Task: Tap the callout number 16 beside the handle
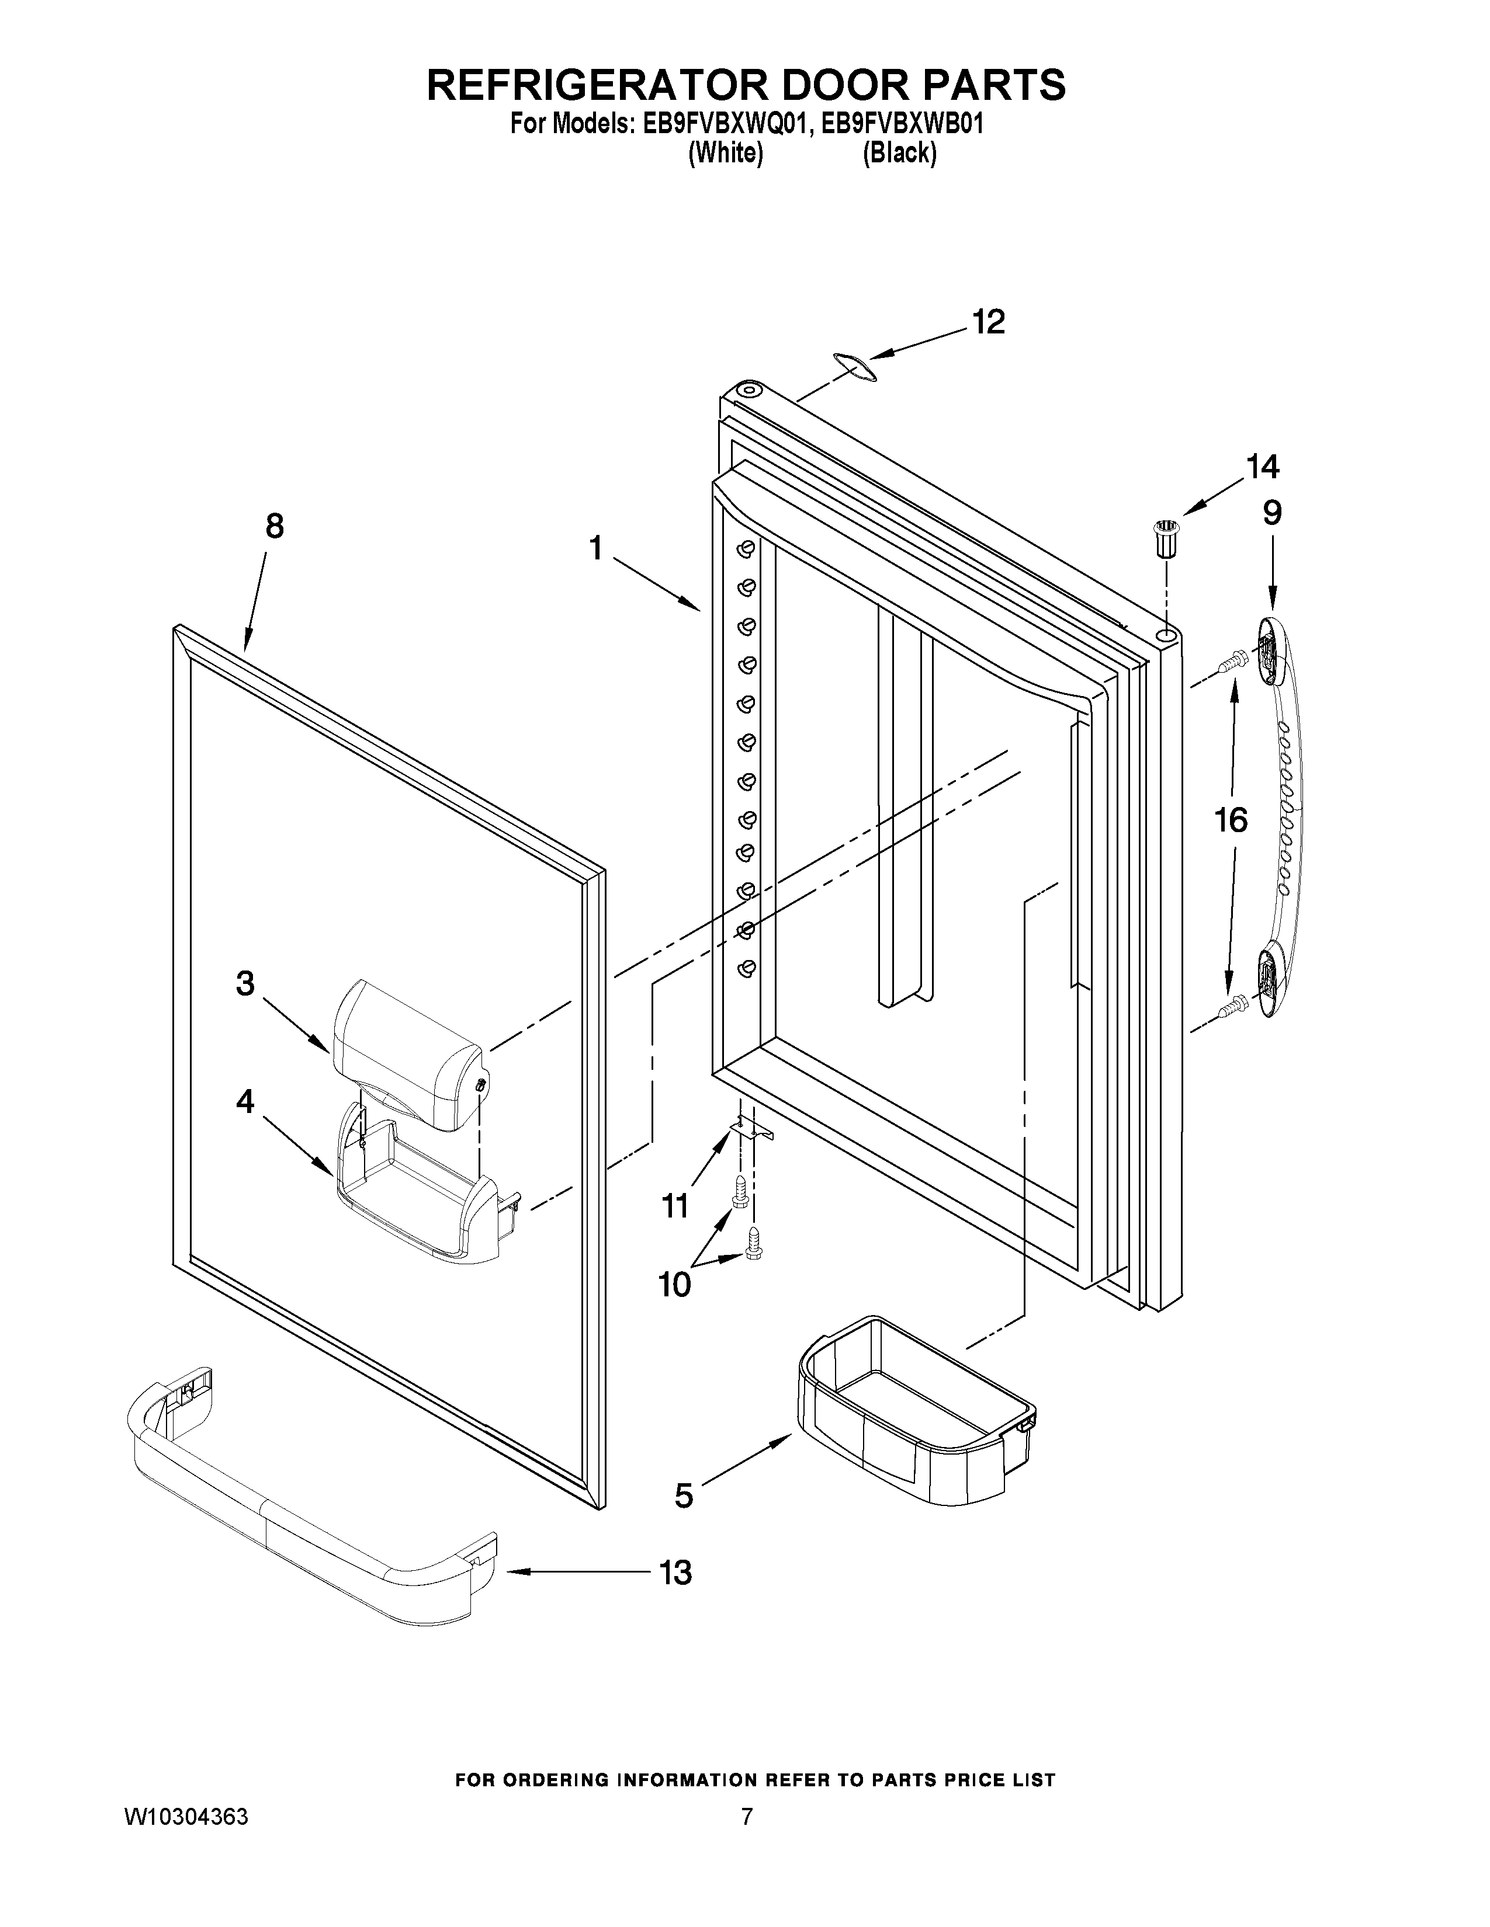[x=1231, y=820]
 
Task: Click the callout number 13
[x=675, y=1573]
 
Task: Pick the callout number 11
[x=675, y=1205]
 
